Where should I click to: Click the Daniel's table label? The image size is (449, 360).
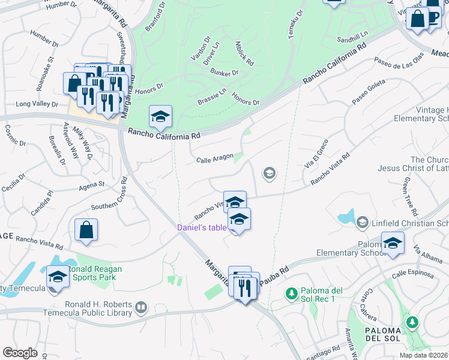202,227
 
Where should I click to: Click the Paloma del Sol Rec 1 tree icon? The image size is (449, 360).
291,294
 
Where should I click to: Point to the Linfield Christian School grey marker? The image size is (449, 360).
362,223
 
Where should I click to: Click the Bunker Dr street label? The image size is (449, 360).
224,73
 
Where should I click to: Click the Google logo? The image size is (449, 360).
20,353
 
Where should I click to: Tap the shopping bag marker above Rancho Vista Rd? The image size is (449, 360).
86,231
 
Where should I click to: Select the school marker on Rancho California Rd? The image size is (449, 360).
160,117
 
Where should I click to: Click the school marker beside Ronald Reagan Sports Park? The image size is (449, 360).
58,277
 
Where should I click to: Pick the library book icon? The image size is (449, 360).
140,308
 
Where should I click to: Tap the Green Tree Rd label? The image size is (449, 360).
411,196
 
